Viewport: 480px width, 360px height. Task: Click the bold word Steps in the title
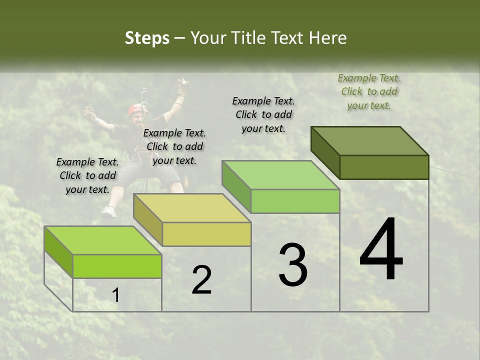tap(147, 38)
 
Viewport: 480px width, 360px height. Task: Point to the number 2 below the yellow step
tap(201, 280)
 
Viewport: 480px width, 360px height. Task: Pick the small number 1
tap(115, 295)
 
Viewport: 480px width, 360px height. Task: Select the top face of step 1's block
tap(103, 240)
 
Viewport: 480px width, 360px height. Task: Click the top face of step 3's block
tap(281, 175)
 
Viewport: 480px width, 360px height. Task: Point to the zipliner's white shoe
tap(109, 212)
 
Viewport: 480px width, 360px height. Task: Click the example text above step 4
tap(369, 91)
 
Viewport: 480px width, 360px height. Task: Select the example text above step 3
tap(263, 114)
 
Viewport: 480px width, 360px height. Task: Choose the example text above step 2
tap(174, 146)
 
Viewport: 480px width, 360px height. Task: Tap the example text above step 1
tap(87, 175)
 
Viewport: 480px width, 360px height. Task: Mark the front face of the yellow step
tap(206, 234)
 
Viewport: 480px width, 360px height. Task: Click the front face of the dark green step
tap(384, 167)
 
